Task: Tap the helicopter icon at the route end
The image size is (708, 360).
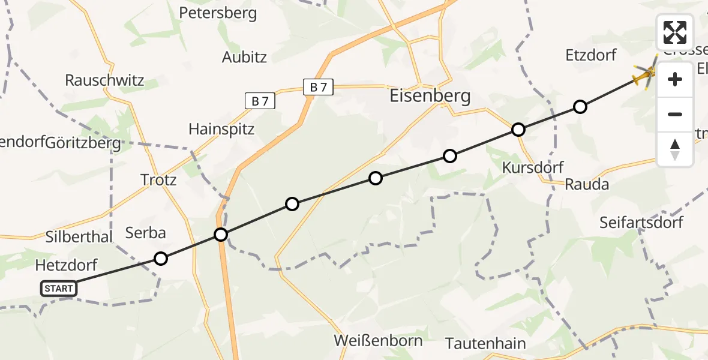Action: point(646,75)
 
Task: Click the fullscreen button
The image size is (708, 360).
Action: point(675,32)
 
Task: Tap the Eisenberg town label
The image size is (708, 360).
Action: point(430,96)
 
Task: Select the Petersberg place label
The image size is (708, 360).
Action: point(218,13)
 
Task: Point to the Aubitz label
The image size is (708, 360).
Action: point(244,57)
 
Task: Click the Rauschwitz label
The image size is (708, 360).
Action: point(105,80)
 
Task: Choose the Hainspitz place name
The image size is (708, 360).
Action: point(221,129)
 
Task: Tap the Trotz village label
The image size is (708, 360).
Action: point(158,179)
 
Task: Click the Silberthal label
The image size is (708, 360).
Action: point(79,237)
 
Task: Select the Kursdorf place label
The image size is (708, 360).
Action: point(533,167)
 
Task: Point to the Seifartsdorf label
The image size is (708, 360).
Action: point(641,223)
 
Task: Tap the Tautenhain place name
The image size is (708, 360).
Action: point(485,344)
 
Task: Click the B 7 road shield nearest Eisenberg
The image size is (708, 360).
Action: point(319,88)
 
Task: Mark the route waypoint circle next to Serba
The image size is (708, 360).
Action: point(161,259)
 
